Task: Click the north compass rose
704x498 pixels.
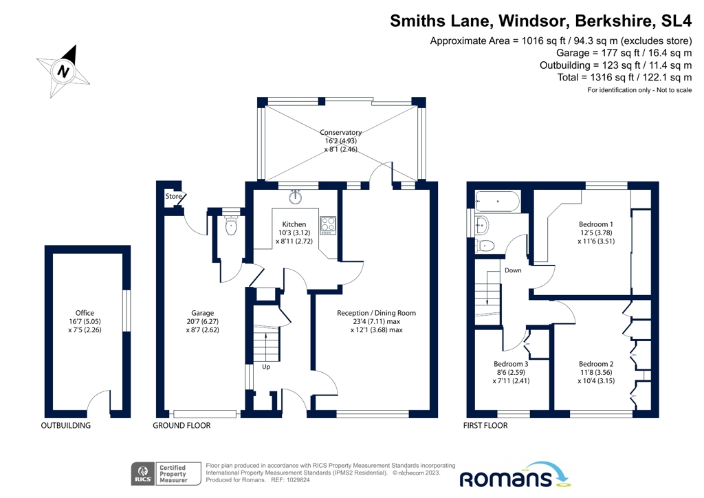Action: pos(63,71)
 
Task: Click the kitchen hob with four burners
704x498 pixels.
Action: pos(328,225)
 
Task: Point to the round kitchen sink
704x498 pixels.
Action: pos(296,197)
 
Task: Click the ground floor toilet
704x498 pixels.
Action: pos(231,226)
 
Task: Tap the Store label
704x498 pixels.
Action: pos(173,197)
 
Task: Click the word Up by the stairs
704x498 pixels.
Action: pos(266,367)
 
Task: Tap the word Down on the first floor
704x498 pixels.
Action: pos(513,270)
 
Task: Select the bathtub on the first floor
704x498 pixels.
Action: pos(498,202)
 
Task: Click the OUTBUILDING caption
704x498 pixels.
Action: pos(67,426)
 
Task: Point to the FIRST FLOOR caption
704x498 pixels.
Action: pos(487,426)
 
